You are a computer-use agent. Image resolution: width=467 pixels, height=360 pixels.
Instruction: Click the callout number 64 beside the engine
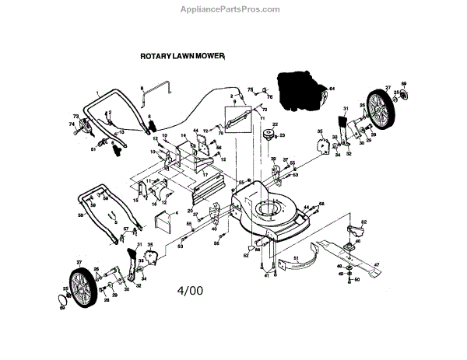331,89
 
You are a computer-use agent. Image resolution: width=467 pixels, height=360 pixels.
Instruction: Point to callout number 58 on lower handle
80,215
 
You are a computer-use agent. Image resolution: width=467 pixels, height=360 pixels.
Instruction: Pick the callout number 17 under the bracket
205,175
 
